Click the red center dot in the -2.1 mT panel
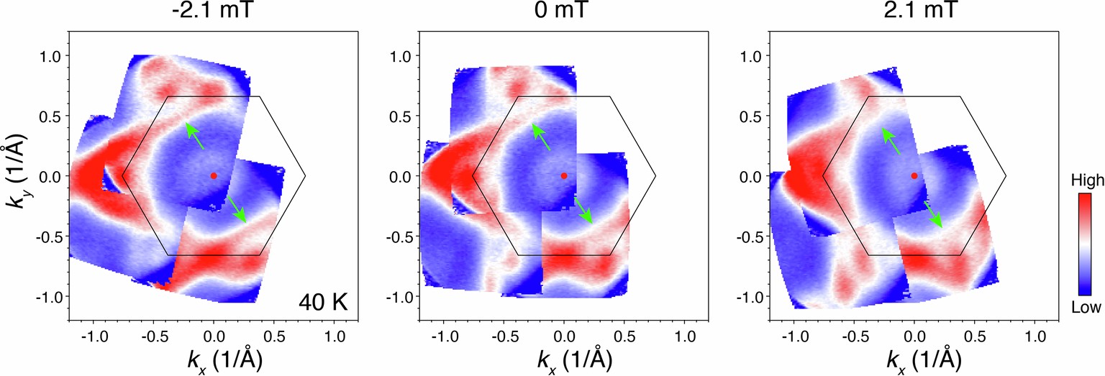[214, 175]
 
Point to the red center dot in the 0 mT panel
[564, 175]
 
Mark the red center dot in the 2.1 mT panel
[914, 175]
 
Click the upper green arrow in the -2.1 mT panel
[194, 136]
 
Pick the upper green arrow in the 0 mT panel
[544, 136]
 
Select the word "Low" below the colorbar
[1087, 308]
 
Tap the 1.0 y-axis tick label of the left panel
[58, 55]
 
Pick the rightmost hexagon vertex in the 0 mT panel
[655, 175]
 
